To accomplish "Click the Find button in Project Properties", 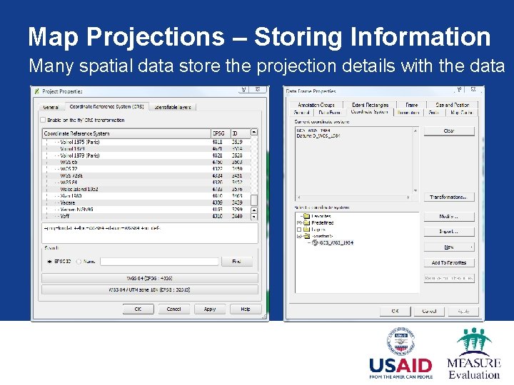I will click(237, 262).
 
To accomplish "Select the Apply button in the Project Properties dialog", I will click(209, 309).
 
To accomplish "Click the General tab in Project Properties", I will click(51, 107).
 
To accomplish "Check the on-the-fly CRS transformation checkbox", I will click(44, 120).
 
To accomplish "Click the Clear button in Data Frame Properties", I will click(448, 131).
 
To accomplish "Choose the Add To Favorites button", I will click(448, 263).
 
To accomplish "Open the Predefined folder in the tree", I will click(322, 222).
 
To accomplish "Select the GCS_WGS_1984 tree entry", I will click(336, 243).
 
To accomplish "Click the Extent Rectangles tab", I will click(370, 105).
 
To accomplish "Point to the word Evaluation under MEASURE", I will click(474, 374).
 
